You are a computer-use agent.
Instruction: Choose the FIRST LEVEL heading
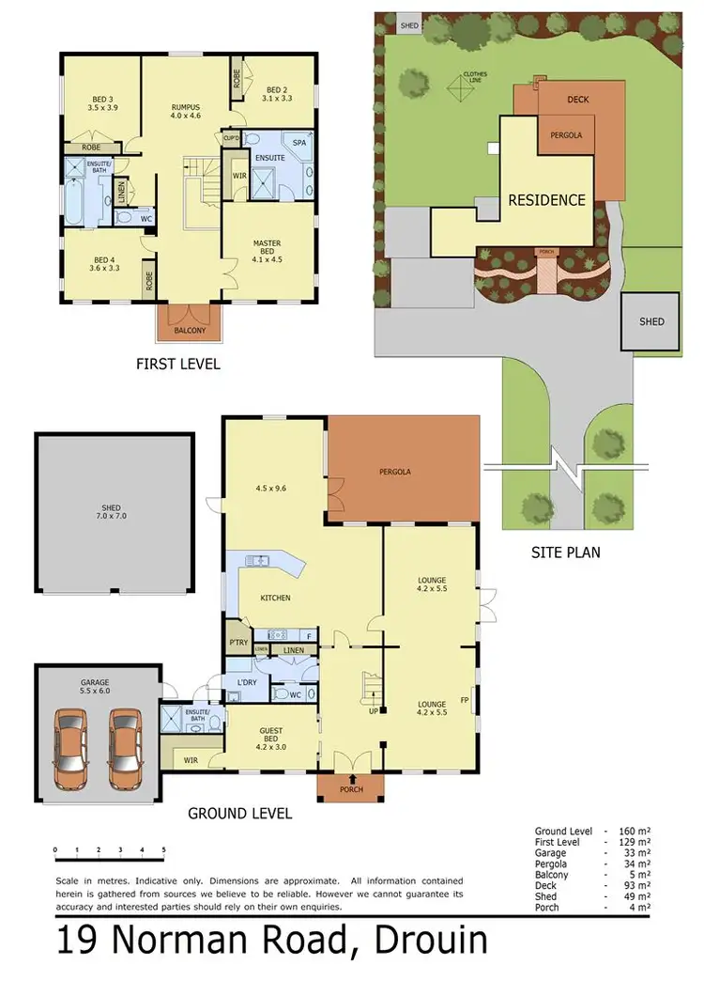click(177, 364)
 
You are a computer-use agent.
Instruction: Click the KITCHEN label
click(275, 598)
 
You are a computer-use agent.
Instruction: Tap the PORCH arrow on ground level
click(352, 778)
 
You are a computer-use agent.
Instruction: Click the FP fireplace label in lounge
click(464, 700)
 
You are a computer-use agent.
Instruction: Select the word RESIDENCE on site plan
click(546, 200)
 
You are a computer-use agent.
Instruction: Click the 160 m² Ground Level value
click(635, 832)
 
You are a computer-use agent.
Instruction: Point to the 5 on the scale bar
click(163, 849)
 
